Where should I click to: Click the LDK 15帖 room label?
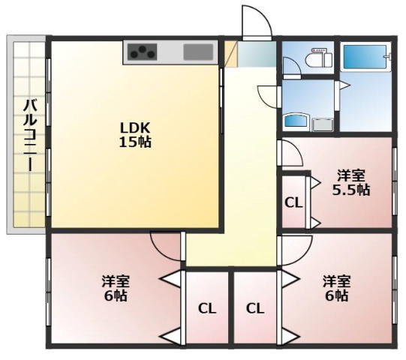(x=135, y=135)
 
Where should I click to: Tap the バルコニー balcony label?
(x=31, y=135)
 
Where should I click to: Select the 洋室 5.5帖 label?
(x=351, y=182)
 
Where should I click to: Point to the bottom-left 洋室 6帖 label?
(x=116, y=288)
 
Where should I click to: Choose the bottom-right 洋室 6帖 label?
(x=337, y=288)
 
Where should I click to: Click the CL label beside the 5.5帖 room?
(x=293, y=202)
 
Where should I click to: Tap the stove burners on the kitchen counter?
(x=142, y=52)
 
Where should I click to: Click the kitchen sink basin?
(x=198, y=52)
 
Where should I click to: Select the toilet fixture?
(x=318, y=58)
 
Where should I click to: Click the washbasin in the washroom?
(x=296, y=121)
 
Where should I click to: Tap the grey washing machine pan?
(x=323, y=124)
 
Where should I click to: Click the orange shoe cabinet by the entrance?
(x=231, y=54)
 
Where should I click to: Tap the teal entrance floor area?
(x=257, y=54)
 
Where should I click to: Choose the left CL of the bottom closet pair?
(x=207, y=308)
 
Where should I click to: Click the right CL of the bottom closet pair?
(x=255, y=308)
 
